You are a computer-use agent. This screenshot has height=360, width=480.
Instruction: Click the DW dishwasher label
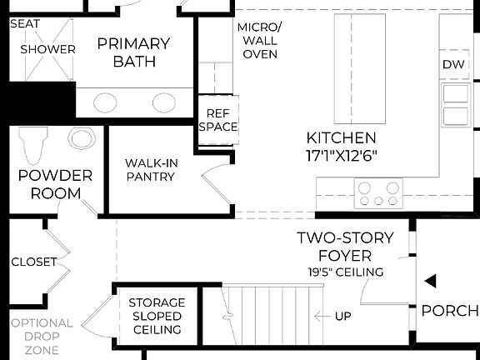coord(453,64)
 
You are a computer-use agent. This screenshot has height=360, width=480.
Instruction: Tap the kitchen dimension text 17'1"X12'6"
coord(342,155)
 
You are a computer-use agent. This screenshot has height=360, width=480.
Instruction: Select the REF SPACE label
coord(218,120)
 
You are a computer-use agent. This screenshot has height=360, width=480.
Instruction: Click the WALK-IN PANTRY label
coord(152,170)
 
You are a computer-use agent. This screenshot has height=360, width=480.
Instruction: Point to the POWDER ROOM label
coord(55,184)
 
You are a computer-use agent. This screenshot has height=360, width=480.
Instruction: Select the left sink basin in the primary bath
coord(105,102)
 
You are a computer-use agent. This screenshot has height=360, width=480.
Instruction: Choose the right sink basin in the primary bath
coord(163,102)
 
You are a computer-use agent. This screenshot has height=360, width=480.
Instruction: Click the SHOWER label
coord(48,49)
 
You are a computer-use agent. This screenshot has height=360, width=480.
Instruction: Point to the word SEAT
coord(25,23)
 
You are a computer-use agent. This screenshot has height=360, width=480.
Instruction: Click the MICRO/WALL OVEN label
coord(259,40)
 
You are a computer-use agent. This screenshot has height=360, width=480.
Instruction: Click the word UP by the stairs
coord(342,317)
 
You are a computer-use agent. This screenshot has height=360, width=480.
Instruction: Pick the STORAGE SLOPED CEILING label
coord(157,316)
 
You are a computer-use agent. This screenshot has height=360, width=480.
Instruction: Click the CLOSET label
coord(34,262)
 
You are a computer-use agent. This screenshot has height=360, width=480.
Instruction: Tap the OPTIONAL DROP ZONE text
coord(42,337)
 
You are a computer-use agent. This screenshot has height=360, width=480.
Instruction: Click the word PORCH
coord(450,311)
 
